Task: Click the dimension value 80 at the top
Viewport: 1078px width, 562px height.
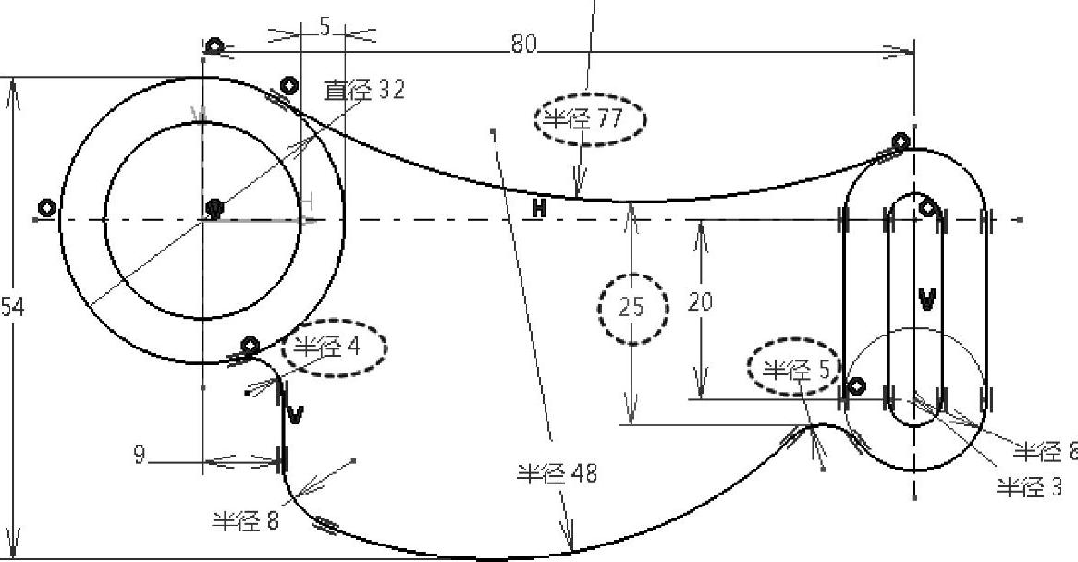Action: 524,43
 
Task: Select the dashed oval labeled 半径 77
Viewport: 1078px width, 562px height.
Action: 589,119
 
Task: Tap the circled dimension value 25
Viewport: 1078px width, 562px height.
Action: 631,307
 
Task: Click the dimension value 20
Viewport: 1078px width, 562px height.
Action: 701,302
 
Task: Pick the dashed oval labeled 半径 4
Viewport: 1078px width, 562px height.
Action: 334,348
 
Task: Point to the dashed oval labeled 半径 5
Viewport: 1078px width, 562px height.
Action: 791,370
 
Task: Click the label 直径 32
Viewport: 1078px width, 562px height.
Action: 363,91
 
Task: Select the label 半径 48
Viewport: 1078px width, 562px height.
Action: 556,474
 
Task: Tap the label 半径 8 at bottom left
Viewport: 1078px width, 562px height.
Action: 245,521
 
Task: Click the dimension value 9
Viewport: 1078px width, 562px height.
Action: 139,455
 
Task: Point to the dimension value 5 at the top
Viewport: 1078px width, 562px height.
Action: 325,28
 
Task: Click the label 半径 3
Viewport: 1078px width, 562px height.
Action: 1029,487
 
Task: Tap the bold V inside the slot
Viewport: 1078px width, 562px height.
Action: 926,299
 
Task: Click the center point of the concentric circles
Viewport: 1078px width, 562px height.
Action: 214,207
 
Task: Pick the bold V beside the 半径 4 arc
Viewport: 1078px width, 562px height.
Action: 295,415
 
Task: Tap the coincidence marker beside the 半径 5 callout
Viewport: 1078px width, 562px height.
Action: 856,386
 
